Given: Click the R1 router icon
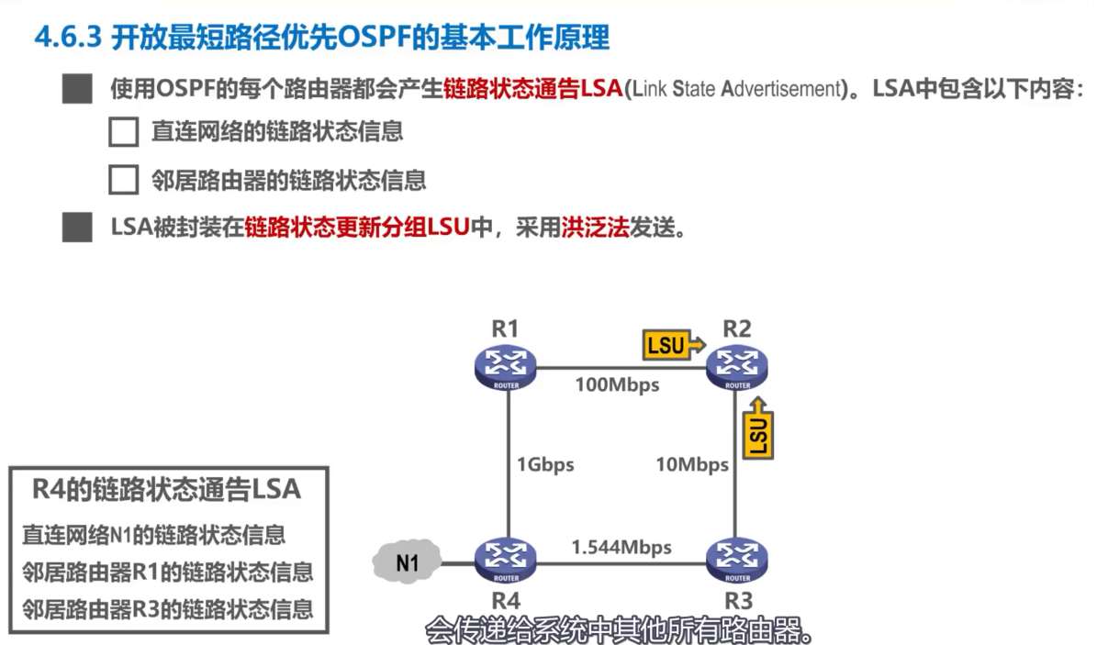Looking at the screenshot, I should (505, 366).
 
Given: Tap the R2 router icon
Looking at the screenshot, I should (736, 366).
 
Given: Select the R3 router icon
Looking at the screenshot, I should (736, 559).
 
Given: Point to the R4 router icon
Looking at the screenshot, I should (505, 559).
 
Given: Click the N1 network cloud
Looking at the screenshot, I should (407, 562).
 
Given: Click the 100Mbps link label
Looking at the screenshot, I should (617, 385).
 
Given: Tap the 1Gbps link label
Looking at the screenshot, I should (545, 464).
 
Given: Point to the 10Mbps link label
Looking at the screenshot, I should (692, 464).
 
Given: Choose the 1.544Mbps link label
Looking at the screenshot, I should (621, 548).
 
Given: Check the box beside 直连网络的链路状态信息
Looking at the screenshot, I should (123, 132).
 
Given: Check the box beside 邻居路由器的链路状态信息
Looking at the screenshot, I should (123, 180).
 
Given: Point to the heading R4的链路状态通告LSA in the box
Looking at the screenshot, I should (166, 489).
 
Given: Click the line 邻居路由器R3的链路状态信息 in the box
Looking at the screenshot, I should (167, 608).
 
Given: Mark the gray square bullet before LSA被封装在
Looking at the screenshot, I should (77, 228).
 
